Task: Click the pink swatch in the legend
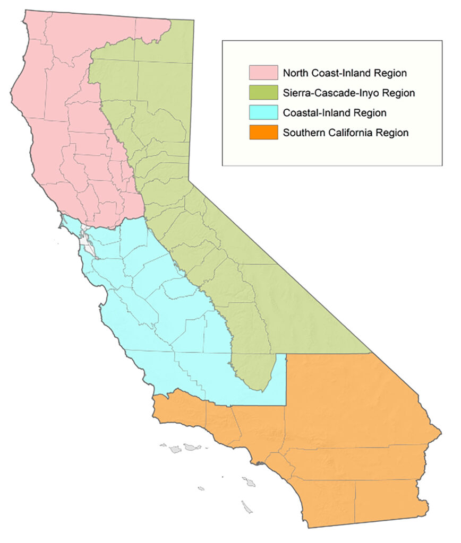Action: [264, 72]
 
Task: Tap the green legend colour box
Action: [264, 92]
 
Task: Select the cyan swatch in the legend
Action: [264, 112]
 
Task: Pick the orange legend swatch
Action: [264, 133]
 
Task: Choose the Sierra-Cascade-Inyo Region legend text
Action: [348, 93]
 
